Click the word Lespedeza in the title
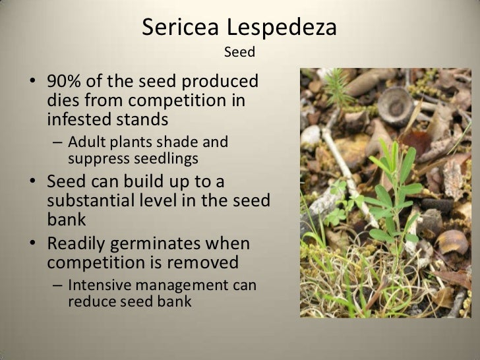pyautogui.click(x=282, y=28)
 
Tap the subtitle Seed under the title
pyautogui.click(x=239, y=51)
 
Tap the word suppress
pyautogui.click(x=94, y=158)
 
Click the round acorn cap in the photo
pyautogui.click(x=395, y=104)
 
